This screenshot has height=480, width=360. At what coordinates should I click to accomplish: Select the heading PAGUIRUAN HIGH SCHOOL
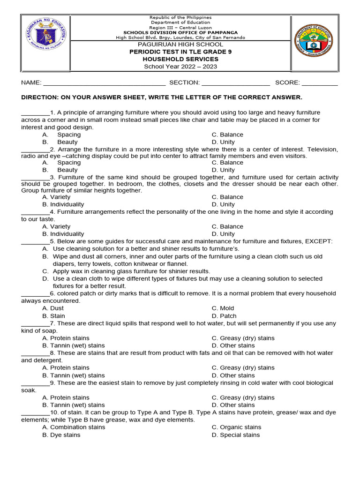click(x=180, y=45)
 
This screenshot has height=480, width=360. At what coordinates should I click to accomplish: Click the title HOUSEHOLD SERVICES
click(x=180, y=59)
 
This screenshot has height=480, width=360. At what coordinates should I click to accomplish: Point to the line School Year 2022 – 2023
click(x=180, y=67)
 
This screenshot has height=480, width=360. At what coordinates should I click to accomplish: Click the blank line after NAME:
click(x=104, y=83)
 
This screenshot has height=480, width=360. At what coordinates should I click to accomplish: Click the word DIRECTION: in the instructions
click(x=42, y=97)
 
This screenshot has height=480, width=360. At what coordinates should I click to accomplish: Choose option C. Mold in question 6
click(x=223, y=308)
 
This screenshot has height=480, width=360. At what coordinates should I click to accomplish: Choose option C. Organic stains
click(x=236, y=427)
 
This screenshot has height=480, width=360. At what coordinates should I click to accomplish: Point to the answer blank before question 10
click(x=35, y=412)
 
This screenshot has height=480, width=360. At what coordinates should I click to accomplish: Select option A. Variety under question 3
click(x=56, y=197)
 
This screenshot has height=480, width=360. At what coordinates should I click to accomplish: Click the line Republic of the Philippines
click(x=180, y=17)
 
